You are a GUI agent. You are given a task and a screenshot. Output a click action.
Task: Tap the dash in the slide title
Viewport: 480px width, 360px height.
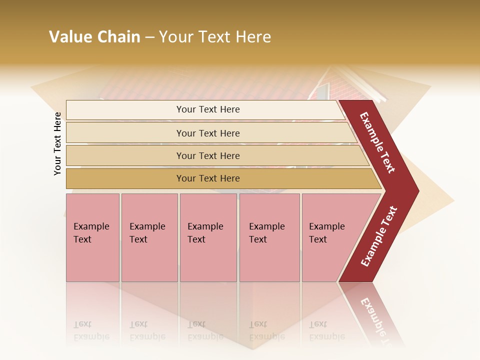pos(149,37)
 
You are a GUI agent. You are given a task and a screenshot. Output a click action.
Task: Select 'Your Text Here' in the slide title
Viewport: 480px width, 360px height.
pos(215,37)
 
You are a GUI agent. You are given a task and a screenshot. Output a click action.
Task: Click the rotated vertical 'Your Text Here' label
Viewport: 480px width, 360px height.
pos(57,143)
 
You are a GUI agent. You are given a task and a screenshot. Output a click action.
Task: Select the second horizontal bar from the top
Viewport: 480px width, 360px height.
pos(207,133)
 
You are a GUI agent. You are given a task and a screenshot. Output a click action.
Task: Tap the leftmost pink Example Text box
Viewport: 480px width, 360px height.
pos(92,237)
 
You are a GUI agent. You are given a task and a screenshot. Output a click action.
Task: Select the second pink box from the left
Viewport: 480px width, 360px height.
pos(149,237)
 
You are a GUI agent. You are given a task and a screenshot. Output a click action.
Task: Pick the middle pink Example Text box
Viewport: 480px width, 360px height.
pos(208,237)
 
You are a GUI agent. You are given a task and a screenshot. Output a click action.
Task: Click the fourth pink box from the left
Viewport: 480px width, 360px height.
pos(269,237)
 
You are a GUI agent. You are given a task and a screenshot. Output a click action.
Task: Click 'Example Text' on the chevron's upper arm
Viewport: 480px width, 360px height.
pos(377,142)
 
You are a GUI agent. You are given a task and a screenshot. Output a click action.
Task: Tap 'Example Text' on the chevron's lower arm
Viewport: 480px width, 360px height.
pos(379,236)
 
